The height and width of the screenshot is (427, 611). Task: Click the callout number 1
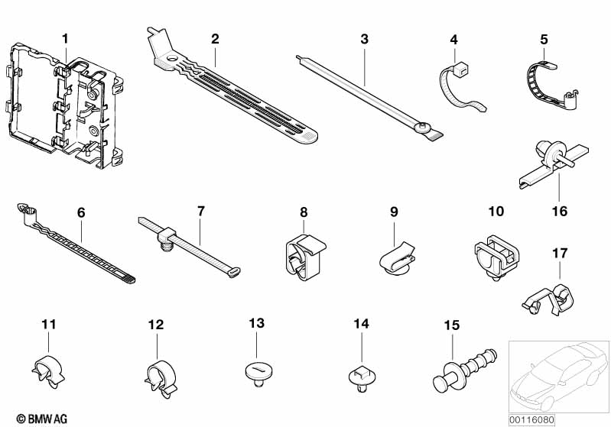(65, 38)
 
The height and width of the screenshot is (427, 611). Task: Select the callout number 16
(560, 210)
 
